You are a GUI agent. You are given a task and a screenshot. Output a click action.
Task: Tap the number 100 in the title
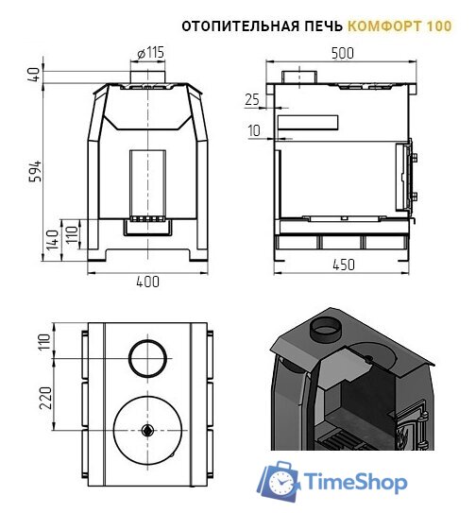438,26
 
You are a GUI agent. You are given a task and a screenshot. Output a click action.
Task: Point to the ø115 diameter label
149,52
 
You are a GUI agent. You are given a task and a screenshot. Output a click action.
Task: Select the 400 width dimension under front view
147,282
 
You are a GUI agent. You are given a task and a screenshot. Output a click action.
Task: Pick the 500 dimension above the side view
344,55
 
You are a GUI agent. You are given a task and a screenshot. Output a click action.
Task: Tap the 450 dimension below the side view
344,265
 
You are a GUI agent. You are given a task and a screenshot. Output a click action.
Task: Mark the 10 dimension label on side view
253,130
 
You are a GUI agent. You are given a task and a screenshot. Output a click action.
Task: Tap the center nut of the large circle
147,430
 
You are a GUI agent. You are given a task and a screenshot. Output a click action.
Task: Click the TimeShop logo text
354,483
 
